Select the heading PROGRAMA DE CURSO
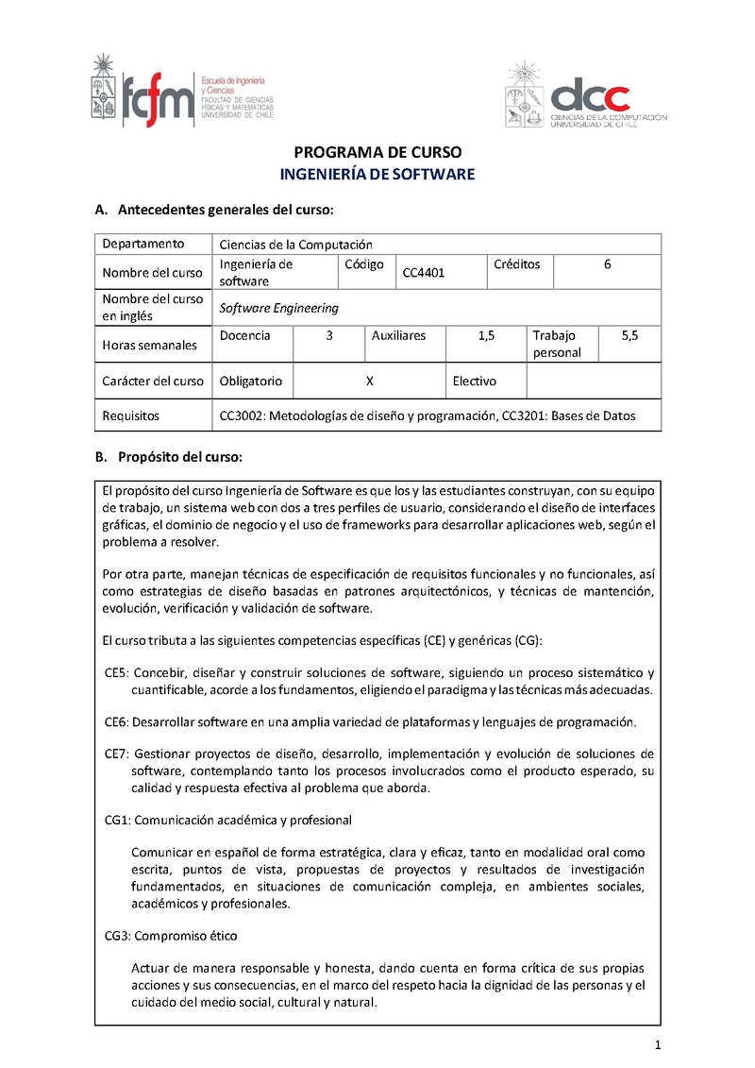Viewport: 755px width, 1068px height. point(377,152)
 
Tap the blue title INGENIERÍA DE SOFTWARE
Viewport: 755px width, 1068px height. point(377,175)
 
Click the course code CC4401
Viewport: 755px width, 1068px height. point(424,273)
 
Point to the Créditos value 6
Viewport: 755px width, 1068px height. point(607,264)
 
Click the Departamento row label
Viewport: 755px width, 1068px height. point(143,244)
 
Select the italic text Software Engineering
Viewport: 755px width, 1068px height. point(278,308)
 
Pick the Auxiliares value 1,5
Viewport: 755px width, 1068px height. point(487,335)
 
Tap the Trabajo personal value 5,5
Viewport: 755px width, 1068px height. point(629,335)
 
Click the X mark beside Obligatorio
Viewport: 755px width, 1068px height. point(370,381)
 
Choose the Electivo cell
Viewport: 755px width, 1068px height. point(475,381)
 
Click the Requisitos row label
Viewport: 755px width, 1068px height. point(131,415)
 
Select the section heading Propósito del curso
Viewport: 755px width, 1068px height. point(179,457)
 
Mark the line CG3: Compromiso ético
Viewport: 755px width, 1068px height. point(171,936)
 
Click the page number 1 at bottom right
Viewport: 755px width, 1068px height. point(657,1045)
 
